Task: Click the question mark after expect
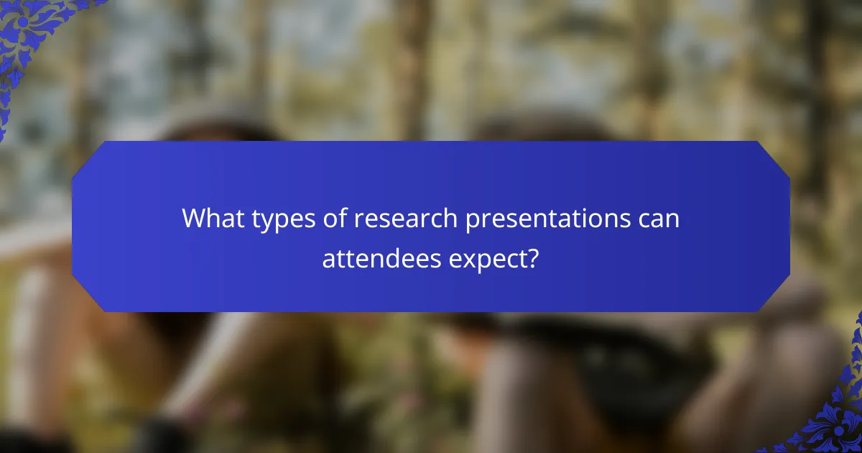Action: (533, 257)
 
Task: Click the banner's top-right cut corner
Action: (774, 157)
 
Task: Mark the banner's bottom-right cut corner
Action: (774, 296)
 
